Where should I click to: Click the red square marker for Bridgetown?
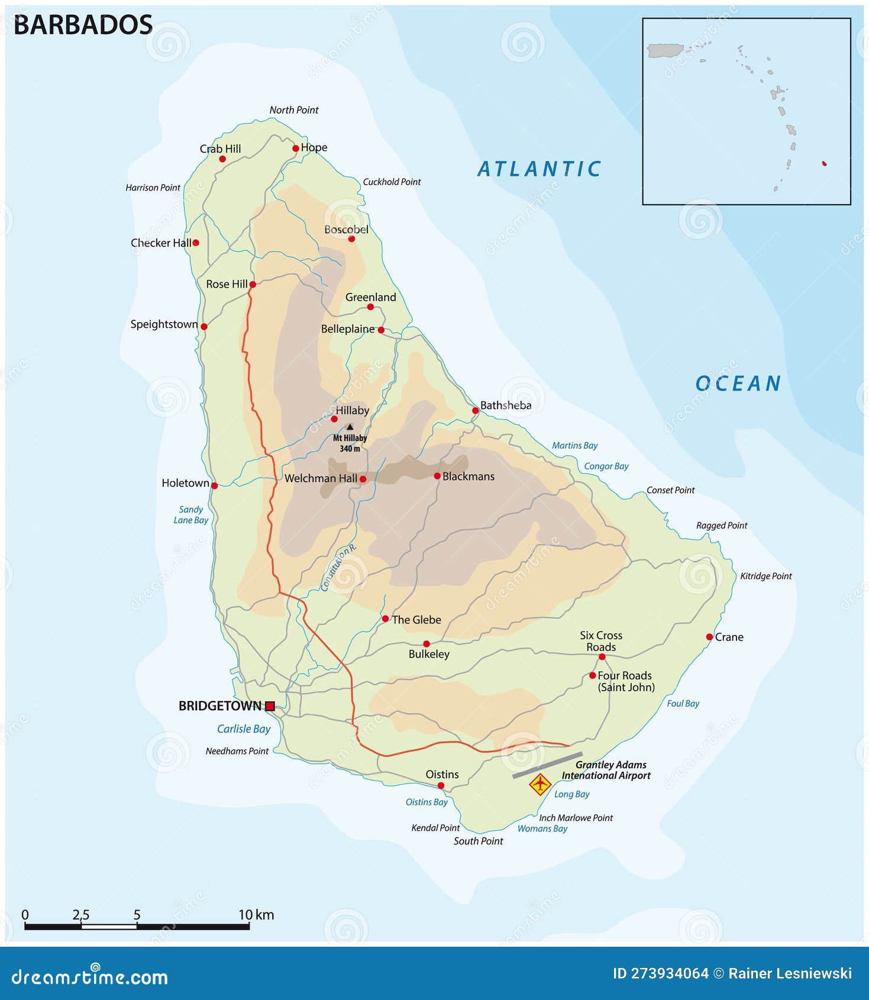[x=270, y=705]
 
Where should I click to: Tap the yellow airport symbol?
[x=540, y=785]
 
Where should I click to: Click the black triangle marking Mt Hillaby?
[x=350, y=427]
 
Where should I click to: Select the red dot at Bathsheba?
[x=475, y=410]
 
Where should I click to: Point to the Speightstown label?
[x=164, y=324]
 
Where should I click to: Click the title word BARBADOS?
[x=83, y=25]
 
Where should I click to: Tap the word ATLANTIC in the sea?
[x=539, y=169]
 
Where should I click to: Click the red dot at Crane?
[x=709, y=637]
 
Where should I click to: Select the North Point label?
[x=294, y=110]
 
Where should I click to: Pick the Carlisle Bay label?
[x=244, y=729]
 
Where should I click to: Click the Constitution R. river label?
[x=338, y=567]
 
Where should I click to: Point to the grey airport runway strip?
[x=547, y=764]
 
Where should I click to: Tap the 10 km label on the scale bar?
[x=256, y=915]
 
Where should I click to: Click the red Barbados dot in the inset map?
[x=825, y=163]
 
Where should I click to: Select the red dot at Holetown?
[x=214, y=485]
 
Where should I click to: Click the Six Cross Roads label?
[x=601, y=641]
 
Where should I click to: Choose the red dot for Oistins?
[x=441, y=786]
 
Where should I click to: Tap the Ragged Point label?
[x=722, y=525]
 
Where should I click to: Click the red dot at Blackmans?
[x=437, y=476]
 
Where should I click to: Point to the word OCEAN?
[x=738, y=384]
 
